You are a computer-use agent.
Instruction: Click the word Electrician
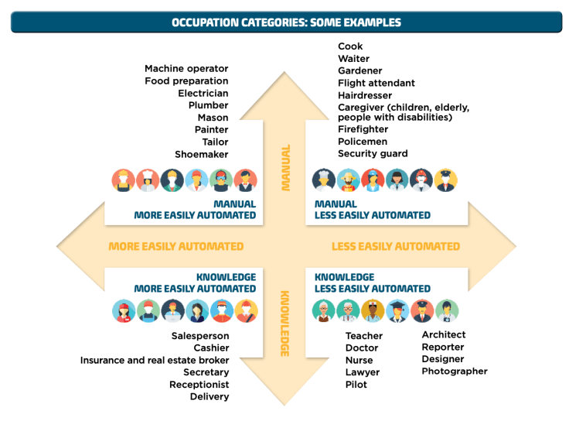(x=203, y=93)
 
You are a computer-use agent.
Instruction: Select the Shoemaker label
(x=201, y=154)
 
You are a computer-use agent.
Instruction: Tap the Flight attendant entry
(x=376, y=83)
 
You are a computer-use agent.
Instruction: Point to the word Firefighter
(x=363, y=129)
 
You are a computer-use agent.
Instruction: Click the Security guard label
(x=373, y=154)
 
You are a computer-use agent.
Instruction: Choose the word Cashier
(x=211, y=348)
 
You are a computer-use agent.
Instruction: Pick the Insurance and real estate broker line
(x=155, y=361)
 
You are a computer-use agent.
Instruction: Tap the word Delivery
(x=209, y=397)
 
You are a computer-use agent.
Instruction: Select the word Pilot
(x=356, y=385)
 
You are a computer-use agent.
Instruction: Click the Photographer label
(x=455, y=372)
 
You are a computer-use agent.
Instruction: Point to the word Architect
(x=444, y=334)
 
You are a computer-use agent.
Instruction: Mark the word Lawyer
(x=362, y=372)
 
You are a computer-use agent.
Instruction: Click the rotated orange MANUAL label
(x=285, y=167)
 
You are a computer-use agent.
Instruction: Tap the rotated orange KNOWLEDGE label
(x=284, y=324)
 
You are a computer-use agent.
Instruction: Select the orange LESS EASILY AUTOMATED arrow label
(x=396, y=247)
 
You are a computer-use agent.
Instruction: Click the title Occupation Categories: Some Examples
(x=286, y=22)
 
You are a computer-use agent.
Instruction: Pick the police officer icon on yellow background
(x=445, y=180)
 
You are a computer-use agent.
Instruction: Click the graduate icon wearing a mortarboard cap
(x=397, y=310)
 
